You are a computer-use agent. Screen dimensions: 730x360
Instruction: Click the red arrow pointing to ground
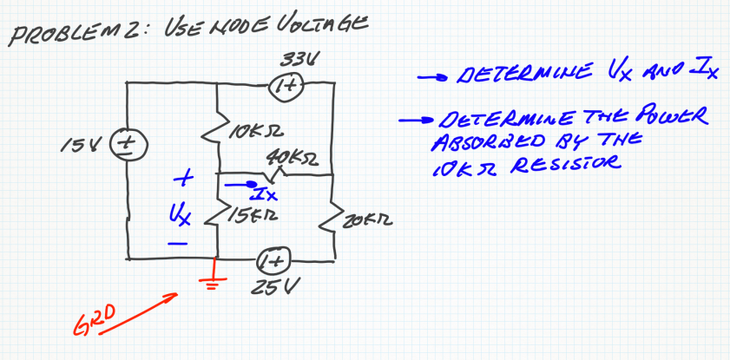pyautogui.click(x=148, y=307)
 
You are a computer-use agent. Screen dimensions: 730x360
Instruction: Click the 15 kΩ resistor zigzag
pyautogui.click(x=218, y=212)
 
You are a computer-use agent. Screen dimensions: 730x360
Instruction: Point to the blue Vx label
pyautogui.click(x=179, y=212)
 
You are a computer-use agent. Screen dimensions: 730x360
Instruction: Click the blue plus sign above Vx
pyautogui.click(x=180, y=180)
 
